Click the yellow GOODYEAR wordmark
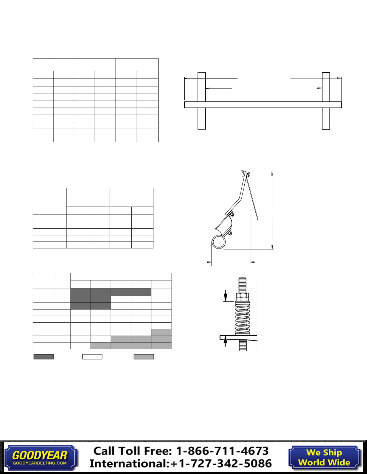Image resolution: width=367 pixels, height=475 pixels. tap(40, 455)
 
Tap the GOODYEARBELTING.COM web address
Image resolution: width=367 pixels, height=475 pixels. tap(40, 463)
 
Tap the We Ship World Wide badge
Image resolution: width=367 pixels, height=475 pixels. tap(324, 457)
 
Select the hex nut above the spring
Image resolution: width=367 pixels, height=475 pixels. tap(243, 297)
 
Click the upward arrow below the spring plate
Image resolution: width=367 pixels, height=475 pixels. tap(225, 342)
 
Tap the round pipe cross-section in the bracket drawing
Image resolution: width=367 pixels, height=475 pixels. tap(219, 242)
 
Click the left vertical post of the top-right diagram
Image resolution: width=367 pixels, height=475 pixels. tap(202, 100)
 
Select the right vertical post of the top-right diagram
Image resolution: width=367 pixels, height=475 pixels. tap(326, 100)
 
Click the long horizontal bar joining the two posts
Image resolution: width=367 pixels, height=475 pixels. tap(263, 105)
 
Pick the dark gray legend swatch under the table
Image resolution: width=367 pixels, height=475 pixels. tap(44, 357)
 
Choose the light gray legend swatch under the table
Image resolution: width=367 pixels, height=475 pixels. tap(144, 357)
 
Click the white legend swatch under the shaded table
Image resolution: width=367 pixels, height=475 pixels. tap(92, 357)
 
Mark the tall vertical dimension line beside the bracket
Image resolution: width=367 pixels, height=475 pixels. tap(272, 210)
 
